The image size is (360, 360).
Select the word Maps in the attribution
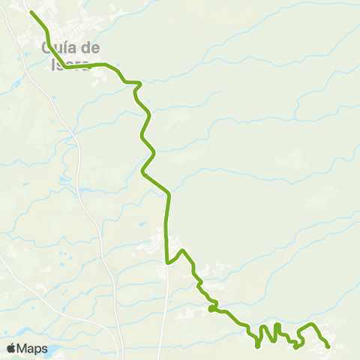point(33,349)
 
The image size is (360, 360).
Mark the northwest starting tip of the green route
point(31,13)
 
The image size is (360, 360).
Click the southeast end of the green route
point(328,346)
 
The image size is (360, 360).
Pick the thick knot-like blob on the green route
point(212,308)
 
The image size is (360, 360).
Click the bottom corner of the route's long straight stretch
point(166,262)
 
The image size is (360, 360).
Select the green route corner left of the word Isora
point(65,67)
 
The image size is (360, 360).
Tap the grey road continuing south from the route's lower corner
point(166,315)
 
